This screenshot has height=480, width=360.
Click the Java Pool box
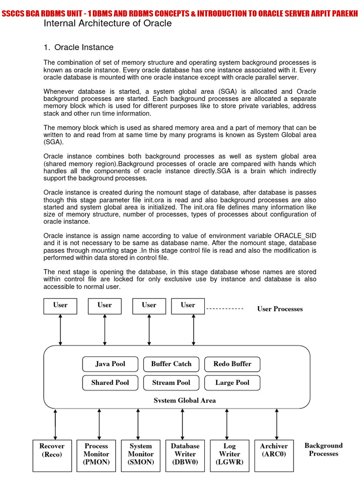point(110,364)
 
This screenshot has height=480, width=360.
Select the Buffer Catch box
point(171,364)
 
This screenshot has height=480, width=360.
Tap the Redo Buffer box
point(232,364)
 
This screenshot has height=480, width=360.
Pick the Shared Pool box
point(110,383)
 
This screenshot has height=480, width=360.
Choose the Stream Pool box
point(171,383)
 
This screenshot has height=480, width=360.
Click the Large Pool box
point(232,383)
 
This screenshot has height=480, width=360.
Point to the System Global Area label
point(185,401)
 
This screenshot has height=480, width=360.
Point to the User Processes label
point(280,309)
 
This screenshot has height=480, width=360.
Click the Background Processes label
point(323,450)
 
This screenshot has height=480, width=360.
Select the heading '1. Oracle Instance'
point(78,47)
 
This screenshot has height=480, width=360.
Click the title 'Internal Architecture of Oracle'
point(107,23)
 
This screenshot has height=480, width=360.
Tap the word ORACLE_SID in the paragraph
point(295,235)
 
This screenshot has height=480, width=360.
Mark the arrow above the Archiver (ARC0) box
point(277,424)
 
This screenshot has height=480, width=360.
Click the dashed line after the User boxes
point(225,309)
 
